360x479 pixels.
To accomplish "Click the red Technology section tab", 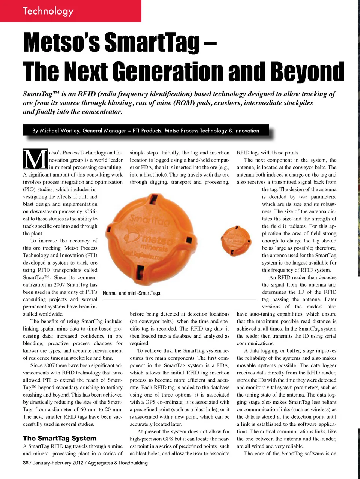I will pos(70,11).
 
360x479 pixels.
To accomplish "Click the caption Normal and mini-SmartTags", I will pos(132,293).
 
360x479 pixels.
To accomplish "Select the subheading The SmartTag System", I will pos(60,438).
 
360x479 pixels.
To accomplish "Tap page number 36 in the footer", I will pos(25,463).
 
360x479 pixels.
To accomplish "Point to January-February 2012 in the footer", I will pos(58,463).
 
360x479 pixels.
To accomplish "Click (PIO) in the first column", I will pos(31,189).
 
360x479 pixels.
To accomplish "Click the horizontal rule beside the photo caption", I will pos(210,300).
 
